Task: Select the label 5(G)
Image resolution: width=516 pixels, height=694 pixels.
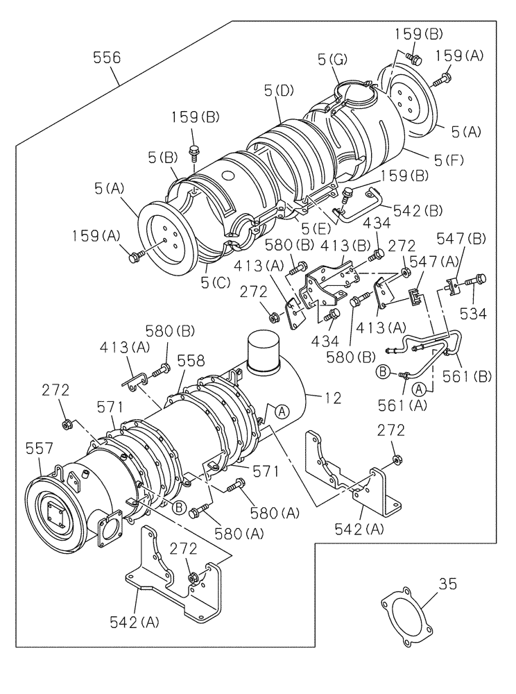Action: click(332, 60)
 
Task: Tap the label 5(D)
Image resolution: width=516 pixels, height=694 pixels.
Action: click(278, 90)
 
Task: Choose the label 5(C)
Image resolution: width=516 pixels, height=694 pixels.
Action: click(214, 283)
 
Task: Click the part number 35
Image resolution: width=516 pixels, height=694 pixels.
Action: click(448, 584)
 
